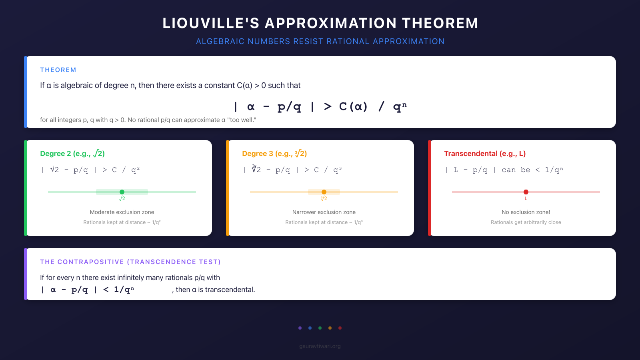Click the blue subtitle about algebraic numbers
pyautogui.click(x=320, y=41)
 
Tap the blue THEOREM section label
pyautogui.click(x=58, y=70)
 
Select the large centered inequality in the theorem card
pyautogui.click(x=320, y=106)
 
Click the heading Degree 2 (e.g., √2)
pyautogui.click(x=72, y=154)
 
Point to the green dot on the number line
pyautogui.click(x=122, y=192)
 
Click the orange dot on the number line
pyautogui.click(x=324, y=192)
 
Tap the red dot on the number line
pyautogui.click(x=526, y=192)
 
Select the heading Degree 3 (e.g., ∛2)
pyautogui.click(x=274, y=154)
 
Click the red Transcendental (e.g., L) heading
pyautogui.click(x=485, y=154)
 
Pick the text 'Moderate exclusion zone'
pyautogui.click(x=122, y=212)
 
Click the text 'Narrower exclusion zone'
pyautogui.click(x=324, y=212)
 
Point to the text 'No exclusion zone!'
pyautogui.click(x=526, y=212)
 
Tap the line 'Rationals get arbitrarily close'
pyautogui.click(x=526, y=222)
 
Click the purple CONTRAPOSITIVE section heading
pyautogui.click(x=130, y=262)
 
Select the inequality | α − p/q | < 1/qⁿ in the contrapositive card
pyautogui.click(x=88, y=290)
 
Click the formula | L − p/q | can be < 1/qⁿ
pyautogui.click(x=504, y=170)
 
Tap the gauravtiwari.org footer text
pyautogui.click(x=320, y=346)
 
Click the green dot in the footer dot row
pyautogui.click(x=320, y=328)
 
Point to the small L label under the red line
pyautogui.click(x=526, y=198)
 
